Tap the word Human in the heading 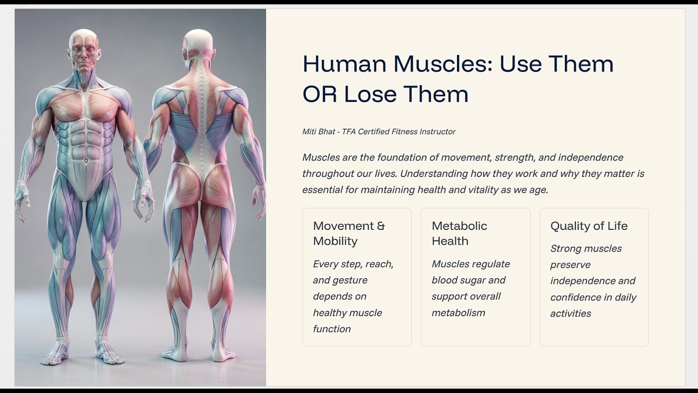point(345,64)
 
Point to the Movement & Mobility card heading point(349,233)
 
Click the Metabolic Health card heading point(459,233)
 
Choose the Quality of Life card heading point(589,226)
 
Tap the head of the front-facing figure point(84,49)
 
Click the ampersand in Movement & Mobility point(381,226)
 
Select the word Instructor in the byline point(437,132)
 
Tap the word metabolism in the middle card point(458,313)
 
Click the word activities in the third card point(570,313)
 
